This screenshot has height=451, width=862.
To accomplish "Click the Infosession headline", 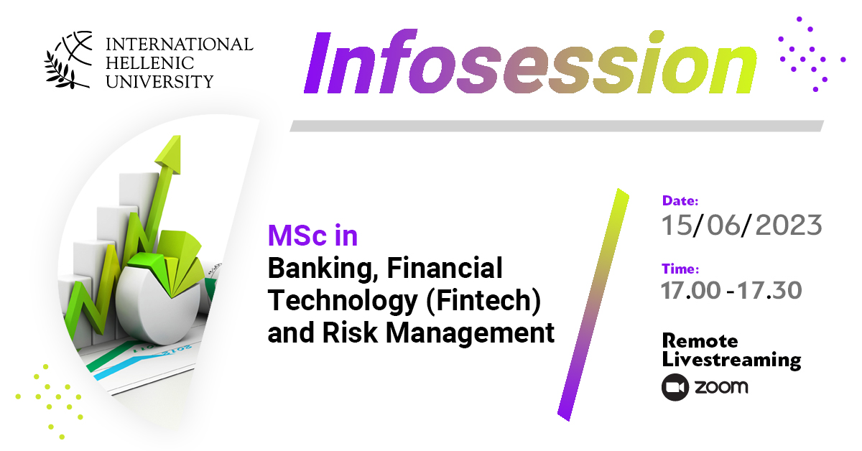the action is point(530,61).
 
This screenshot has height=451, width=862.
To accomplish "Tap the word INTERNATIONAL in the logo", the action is point(180,45).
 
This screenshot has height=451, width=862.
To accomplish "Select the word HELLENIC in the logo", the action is point(149,63).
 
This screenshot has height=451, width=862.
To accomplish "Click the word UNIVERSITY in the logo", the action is point(159,82).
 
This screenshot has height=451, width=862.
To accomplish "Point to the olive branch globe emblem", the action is point(69,60).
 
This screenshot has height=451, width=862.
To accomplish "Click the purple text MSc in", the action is point(312,236).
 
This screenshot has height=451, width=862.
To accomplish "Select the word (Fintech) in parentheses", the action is point(483,302).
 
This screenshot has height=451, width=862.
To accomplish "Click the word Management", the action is point(470,333).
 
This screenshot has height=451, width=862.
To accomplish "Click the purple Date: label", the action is point(680,200).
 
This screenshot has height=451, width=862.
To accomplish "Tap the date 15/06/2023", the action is point(741,225).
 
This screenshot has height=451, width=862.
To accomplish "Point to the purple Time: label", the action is point(680,269).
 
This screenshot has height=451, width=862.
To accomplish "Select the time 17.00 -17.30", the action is point(731,290).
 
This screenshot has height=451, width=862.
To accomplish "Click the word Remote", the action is point(700,340).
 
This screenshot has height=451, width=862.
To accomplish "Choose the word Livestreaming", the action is point(731,361).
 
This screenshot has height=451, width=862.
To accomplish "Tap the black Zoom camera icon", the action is point(675,387).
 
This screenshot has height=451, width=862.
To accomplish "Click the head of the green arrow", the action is point(170,154).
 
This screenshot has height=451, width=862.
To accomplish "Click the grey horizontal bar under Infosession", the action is point(557,126).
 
